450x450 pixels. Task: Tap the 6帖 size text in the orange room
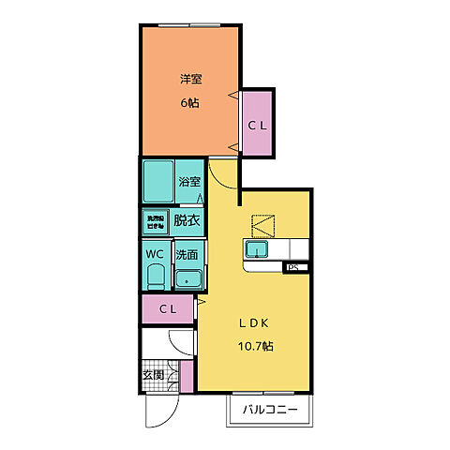191,102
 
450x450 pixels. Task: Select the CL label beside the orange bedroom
257,125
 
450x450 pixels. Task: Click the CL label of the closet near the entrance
168,307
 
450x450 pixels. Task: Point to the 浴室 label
188,182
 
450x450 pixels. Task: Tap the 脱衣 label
187,221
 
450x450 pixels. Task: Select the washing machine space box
155,222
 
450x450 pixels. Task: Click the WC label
155,253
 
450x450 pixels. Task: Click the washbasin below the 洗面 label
188,279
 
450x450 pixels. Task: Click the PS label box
292,268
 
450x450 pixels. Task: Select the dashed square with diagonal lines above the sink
263,224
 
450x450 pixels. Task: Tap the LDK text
253,322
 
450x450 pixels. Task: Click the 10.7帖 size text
253,346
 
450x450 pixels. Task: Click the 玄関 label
152,375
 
